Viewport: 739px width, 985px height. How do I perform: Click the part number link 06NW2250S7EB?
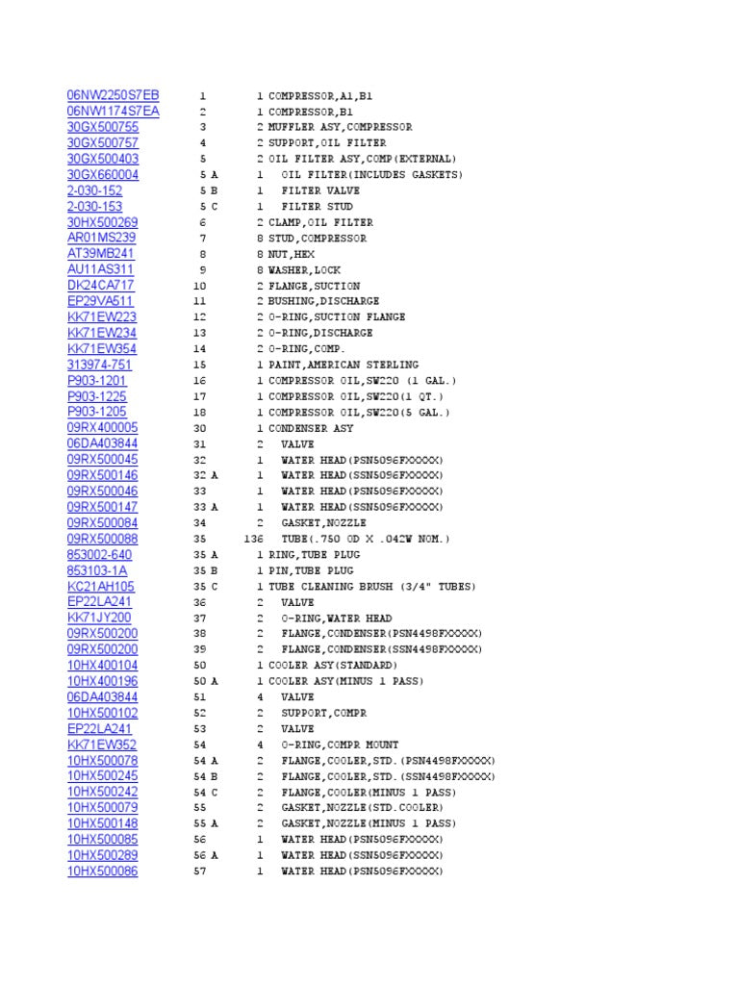tap(113, 95)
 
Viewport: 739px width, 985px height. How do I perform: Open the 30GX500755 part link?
tap(102, 127)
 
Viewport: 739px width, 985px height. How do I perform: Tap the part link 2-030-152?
tap(94, 190)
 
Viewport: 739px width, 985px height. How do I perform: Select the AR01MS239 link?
tap(101, 238)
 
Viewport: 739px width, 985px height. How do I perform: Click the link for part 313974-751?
tap(99, 365)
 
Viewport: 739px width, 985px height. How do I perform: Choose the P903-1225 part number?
tap(96, 396)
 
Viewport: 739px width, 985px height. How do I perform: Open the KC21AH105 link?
tap(100, 586)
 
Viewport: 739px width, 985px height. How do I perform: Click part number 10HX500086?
tap(102, 871)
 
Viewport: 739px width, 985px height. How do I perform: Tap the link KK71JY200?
tap(99, 618)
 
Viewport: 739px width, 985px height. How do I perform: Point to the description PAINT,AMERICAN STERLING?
tap(344, 366)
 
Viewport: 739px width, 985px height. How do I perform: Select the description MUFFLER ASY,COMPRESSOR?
tap(340, 127)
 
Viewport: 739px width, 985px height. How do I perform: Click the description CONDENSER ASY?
tap(311, 428)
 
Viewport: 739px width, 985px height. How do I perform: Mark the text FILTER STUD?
tap(317, 207)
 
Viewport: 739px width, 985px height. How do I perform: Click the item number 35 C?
tap(206, 587)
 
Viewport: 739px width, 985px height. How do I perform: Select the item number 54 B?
tap(206, 776)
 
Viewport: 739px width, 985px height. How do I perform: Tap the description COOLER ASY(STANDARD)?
tap(332, 666)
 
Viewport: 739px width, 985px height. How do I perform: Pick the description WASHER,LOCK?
tap(304, 270)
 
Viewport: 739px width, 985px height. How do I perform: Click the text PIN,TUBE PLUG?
tap(311, 571)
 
